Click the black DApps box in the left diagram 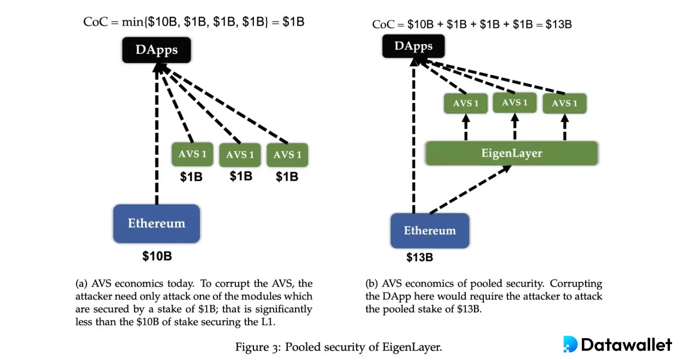[157, 50]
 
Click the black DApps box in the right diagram [413, 46]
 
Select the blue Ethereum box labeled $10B [157, 223]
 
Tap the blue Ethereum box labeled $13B [430, 230]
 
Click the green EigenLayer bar [511, 153]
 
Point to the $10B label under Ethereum [157, 256]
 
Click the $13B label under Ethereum [419, 257]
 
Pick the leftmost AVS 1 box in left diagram [193, 154]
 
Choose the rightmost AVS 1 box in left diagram [287, 155]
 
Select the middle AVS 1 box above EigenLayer [515, 103]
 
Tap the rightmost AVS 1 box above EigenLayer [564, 103]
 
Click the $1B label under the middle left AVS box [240, 176]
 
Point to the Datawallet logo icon [570, 344]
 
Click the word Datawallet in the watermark [626, 345]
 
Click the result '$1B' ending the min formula [293, 22]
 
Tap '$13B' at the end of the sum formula [558, 24]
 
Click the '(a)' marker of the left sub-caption [82, 284]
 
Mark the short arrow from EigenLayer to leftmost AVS [466, 127]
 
